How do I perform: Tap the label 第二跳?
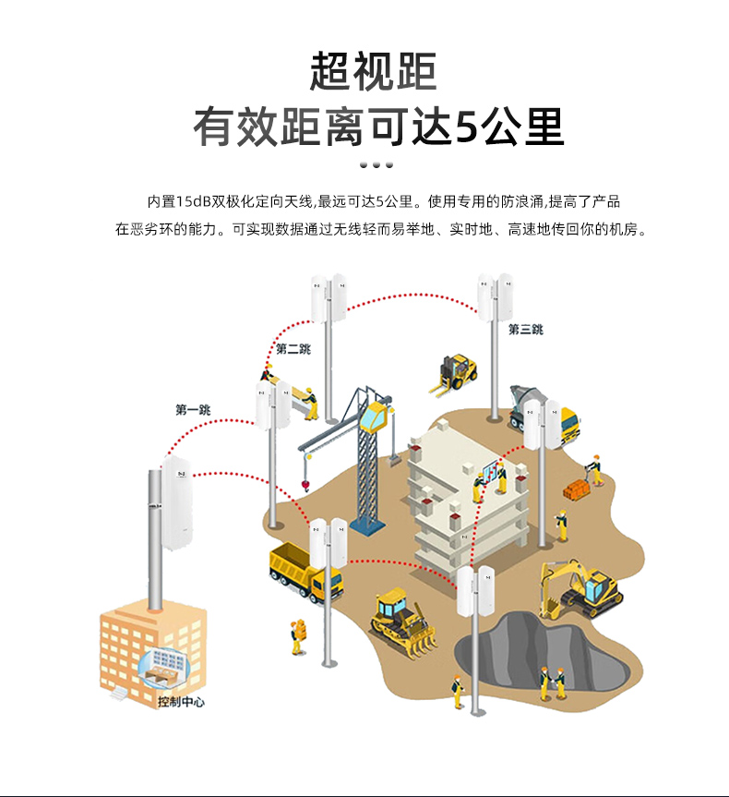[293, 348]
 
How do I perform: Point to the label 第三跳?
[525, 329]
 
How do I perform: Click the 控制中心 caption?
[181, 702]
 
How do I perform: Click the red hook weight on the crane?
[304, 483]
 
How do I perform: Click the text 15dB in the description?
[192, 200]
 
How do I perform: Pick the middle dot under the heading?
[376, 164]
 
